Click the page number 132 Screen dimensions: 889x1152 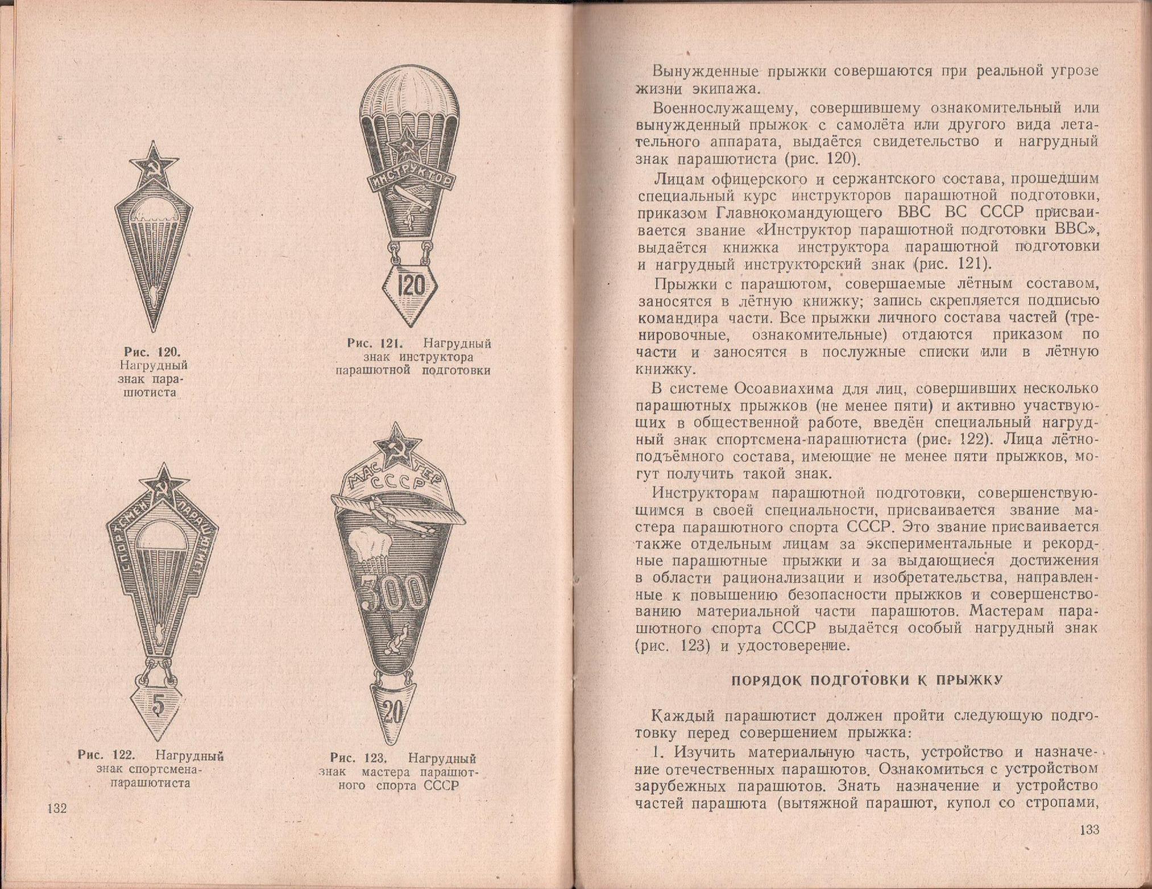(x=57, y=809)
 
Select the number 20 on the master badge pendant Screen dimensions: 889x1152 (x=392, y=711)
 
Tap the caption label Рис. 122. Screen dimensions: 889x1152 (x=106, y=756)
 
